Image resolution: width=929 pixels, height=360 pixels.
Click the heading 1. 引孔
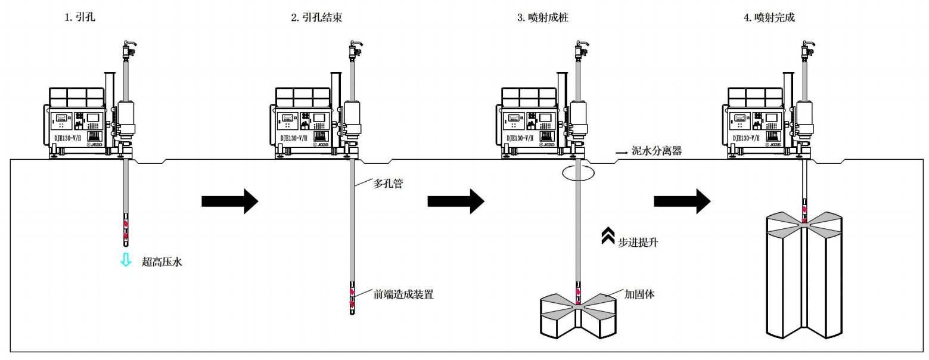pos(80,18)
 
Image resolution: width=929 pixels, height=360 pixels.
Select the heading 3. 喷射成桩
pos(542,18)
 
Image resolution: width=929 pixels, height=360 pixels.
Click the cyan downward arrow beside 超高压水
pos(126,260)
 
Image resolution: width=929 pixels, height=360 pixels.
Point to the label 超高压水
pos(161,261)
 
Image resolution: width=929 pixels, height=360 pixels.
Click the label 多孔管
pos(388,184)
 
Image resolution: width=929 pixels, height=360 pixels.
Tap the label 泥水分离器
pos(657,151)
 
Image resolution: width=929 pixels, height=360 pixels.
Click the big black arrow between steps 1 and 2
pos(229,201)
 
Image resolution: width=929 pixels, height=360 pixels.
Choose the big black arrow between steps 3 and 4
pos(682,201)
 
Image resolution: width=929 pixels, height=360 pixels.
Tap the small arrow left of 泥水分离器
pos(622,153)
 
